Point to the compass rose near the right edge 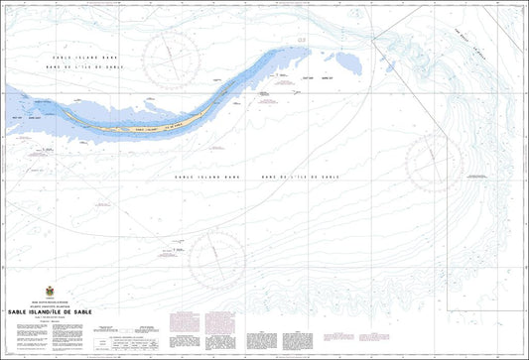(x=435, y=162)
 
